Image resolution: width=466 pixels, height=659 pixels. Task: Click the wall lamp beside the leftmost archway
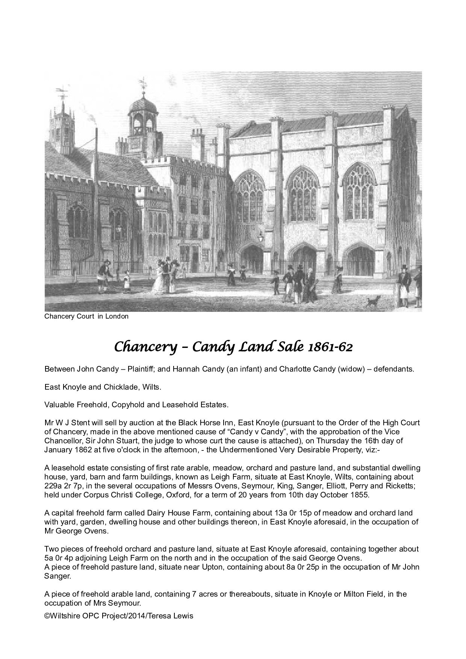coord(261,237)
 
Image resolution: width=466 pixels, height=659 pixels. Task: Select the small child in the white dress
coord(127,281)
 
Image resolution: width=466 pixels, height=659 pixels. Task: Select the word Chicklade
coord(128,387)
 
